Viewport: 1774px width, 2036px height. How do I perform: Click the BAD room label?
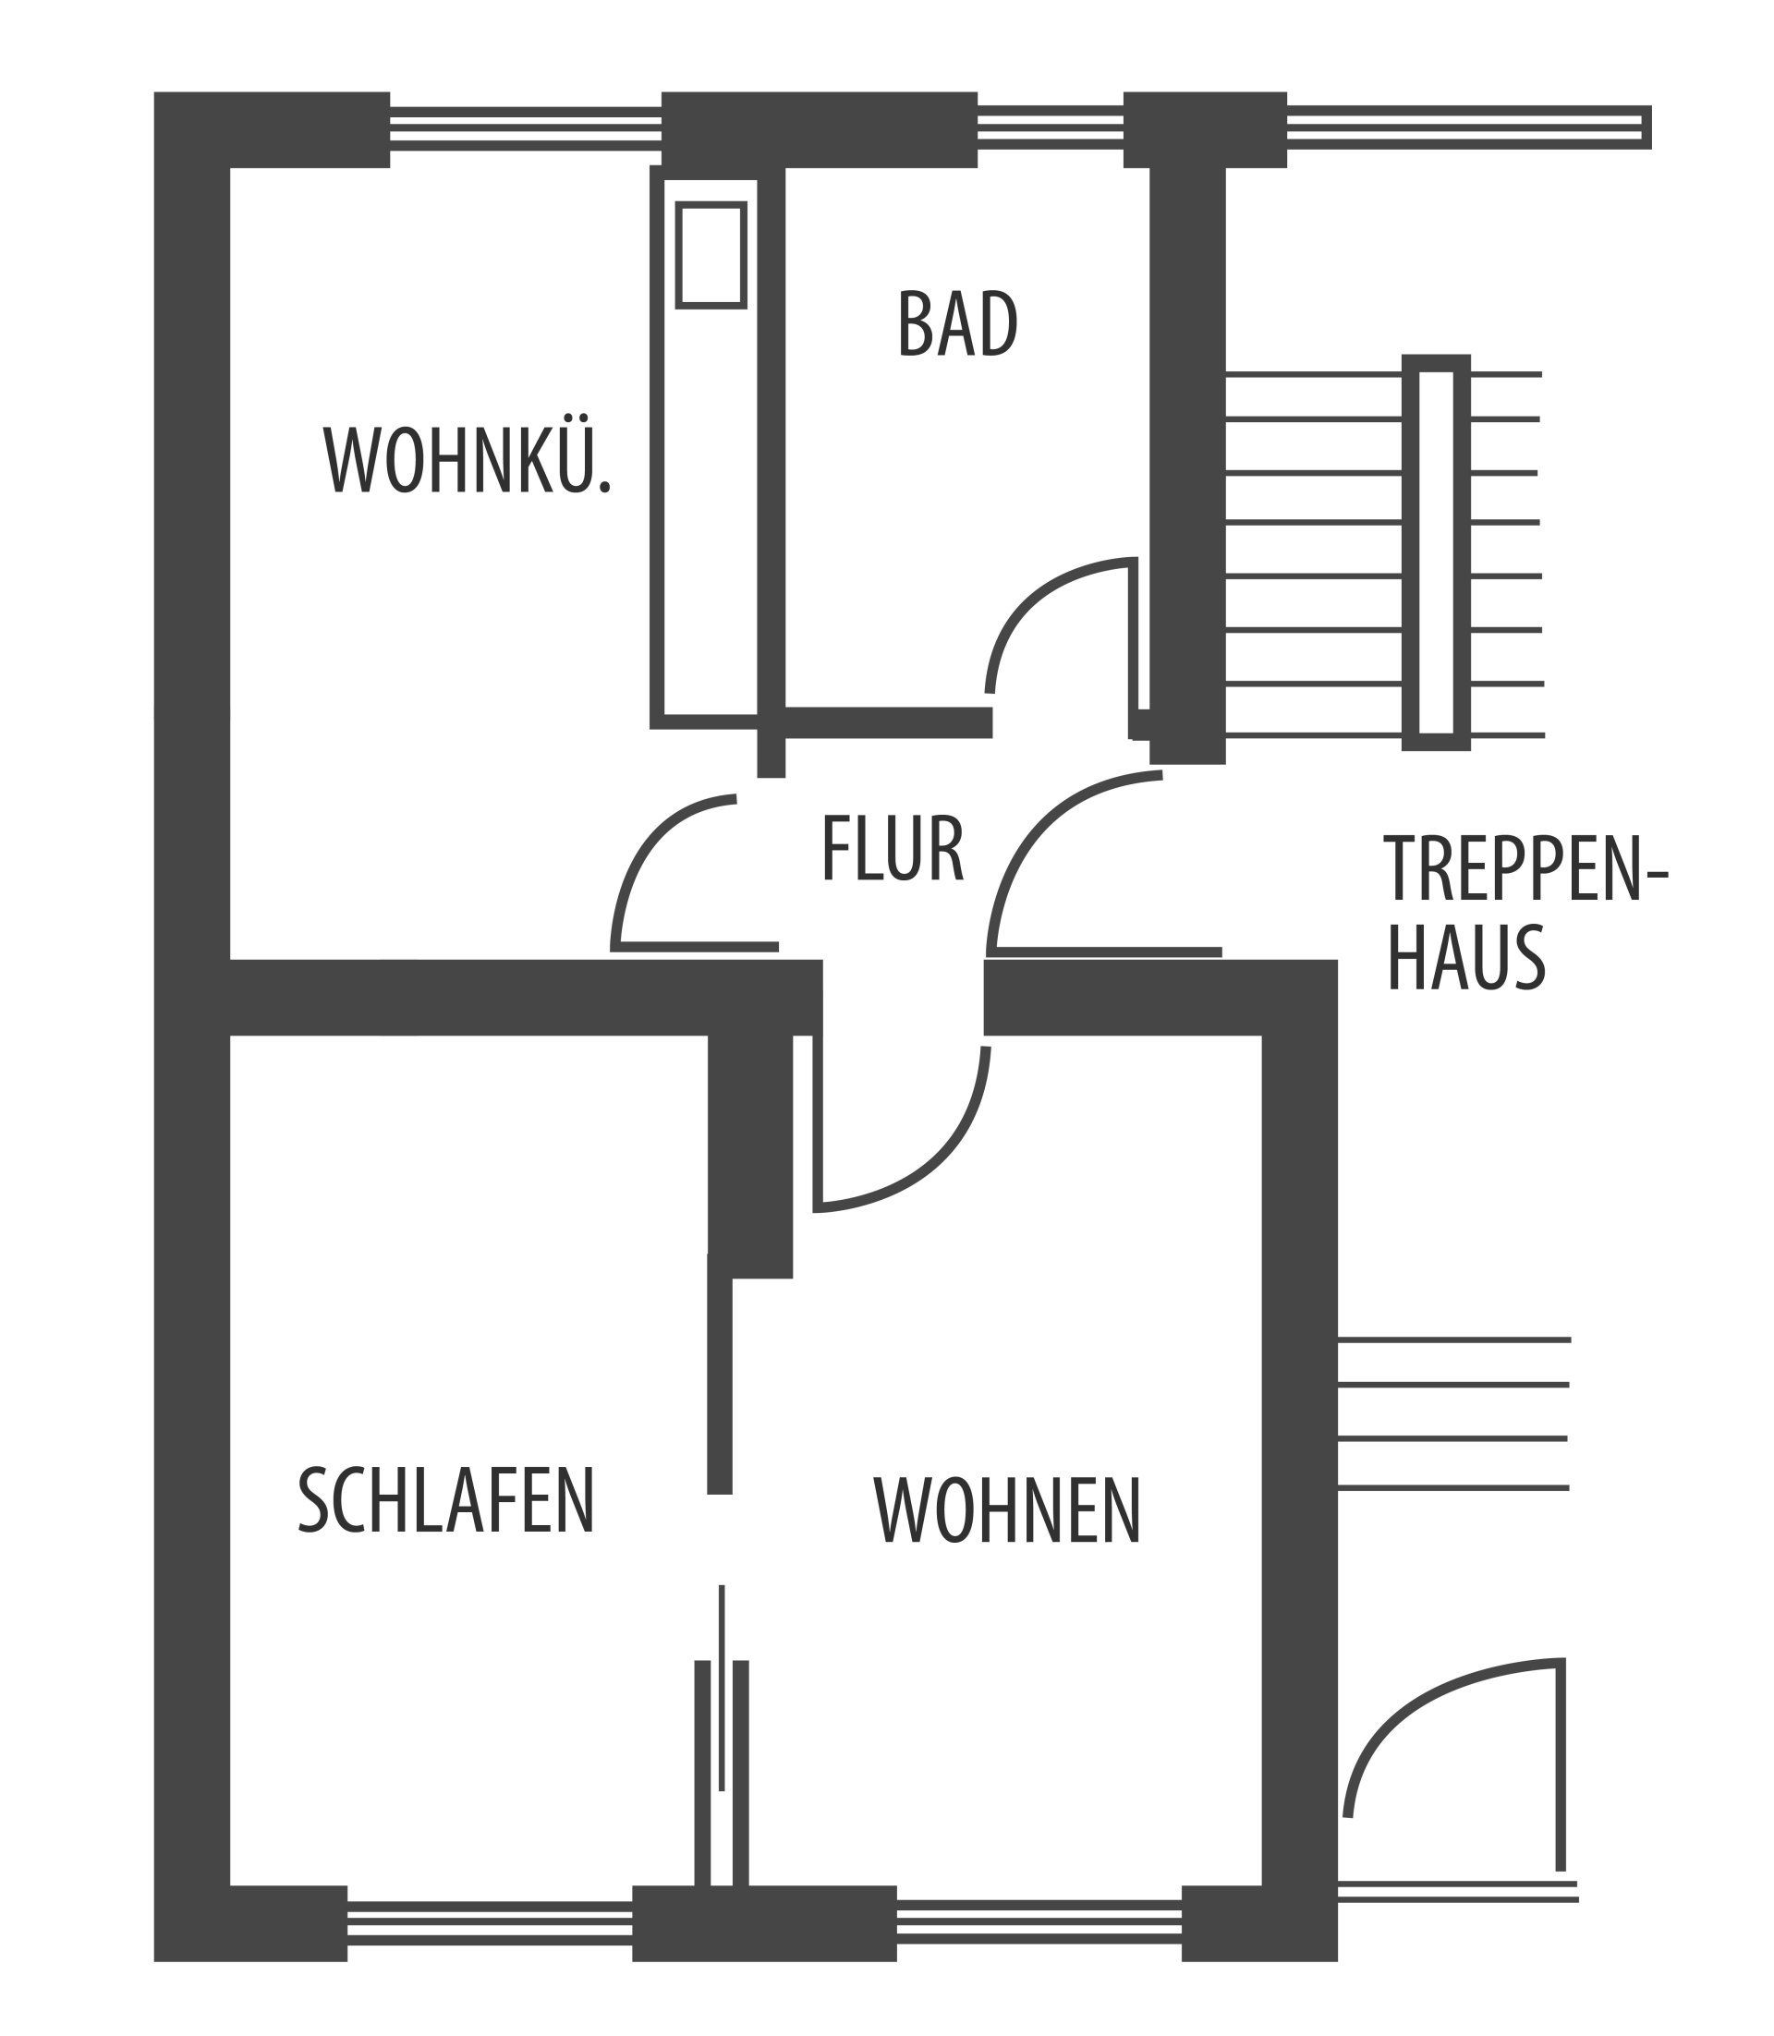point(957,323)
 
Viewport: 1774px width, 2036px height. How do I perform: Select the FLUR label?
point(893,848)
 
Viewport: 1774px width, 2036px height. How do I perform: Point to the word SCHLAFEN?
point(446,1500)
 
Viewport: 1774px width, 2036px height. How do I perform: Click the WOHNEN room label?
point(1008,1509)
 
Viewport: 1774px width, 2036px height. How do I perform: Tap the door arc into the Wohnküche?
point(674,871)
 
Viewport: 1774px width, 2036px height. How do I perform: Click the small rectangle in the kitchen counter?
point(711,255)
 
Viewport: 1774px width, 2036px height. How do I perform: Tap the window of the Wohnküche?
point(525,127)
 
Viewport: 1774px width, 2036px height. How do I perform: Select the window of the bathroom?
point(1051,127)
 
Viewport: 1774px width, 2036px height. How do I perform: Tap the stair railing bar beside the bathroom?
point(1437,552)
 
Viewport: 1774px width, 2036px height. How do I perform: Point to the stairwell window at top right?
point(1469,127)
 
